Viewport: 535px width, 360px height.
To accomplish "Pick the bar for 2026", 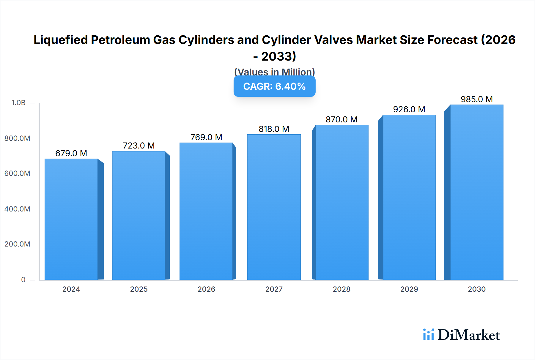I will point(206,211).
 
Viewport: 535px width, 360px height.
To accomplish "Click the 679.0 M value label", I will point(71,153).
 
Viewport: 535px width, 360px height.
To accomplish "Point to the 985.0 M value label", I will point(477,99).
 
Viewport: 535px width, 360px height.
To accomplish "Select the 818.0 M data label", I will point(274,129).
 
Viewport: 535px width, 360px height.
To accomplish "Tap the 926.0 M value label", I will point(409,109).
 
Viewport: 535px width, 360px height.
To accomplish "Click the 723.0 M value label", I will point(139,146).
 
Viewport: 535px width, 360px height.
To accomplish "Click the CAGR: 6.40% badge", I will point(274,86).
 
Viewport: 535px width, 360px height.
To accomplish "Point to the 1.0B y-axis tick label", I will point(18,103).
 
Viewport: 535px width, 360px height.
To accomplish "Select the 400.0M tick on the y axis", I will point(17,209).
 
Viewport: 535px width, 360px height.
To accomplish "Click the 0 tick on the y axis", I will point(23,280).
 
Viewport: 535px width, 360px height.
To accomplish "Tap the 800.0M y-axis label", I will point(17,138).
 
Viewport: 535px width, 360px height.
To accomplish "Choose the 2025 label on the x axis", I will point(139,289).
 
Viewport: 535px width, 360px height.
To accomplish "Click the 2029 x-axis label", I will point(409,289).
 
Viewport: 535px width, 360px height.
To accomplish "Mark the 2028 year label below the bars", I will point(342,289).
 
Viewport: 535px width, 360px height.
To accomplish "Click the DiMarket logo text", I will point(469,335).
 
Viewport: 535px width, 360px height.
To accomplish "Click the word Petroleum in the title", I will point(120,40).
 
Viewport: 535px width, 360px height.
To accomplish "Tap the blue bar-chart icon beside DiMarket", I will point(428,334).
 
